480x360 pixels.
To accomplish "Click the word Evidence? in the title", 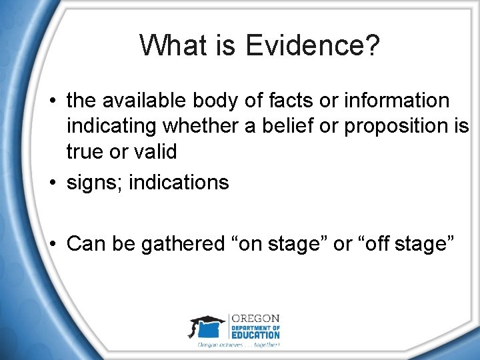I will pos(313,45).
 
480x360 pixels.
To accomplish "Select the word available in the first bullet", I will pos(151,101).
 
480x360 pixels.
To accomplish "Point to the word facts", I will pos(293,101).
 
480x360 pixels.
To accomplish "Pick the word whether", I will pos(204,126).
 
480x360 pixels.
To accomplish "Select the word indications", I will pos(179,182).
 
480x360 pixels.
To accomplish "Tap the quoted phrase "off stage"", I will pos(405,244).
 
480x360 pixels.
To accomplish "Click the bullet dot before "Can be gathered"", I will pos(53,244).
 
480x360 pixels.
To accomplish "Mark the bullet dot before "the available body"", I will pos(53,101).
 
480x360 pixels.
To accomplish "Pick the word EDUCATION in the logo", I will pos(256,335).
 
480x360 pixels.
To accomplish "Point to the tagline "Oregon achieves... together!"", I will pos(238,345).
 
